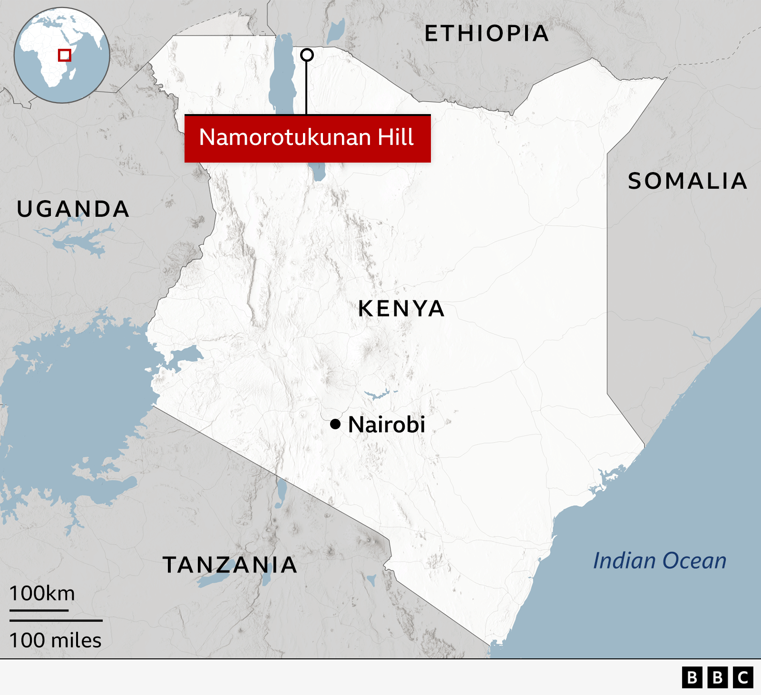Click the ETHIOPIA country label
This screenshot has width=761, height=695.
click(487, 34)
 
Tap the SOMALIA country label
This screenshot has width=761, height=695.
click(687, 181)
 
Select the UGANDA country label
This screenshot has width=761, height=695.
click(73, 209)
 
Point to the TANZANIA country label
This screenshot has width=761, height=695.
click(230, 565)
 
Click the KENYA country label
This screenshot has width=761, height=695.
click(401, 309)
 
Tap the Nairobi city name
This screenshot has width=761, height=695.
click(387, 425)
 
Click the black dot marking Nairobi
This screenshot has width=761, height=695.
click(335, 424)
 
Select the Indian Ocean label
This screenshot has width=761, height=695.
click(660, 561)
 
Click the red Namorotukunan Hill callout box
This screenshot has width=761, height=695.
click(307, 138)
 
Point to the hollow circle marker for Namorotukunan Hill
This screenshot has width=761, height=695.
click(307, 55)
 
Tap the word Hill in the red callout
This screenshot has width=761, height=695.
click(396, 137)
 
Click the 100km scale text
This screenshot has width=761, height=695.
click(42, 593)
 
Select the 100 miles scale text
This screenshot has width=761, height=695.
click(55, 640)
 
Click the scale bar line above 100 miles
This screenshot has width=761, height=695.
click(56, 620)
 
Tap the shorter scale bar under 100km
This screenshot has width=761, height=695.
click(39, 610)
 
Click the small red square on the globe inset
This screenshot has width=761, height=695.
click(65, 55)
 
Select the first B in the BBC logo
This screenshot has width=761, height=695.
click(693, 677)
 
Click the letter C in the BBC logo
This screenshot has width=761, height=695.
click(743, 677)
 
